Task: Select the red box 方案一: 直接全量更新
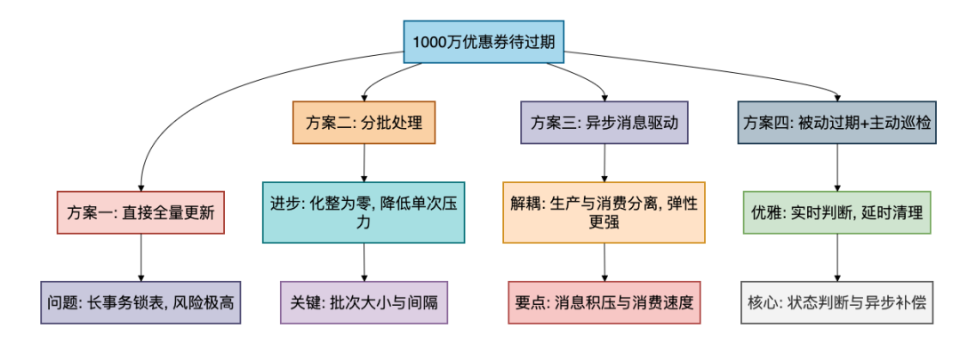click(x=140, y=212)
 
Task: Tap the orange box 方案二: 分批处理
click(x=364, y=123)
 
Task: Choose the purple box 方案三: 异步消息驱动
click(x=604, y=123)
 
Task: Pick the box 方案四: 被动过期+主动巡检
click(x=837, y=123)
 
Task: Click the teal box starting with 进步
click(x=364, y=212)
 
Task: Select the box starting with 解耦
click(x=604, y=212)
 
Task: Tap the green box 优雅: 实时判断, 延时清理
click(x=837, y=212)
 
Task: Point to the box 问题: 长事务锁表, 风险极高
click(x=140, y=302)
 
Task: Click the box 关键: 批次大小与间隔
click(x=364, y=302)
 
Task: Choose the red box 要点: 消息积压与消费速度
click(x=604, y=302)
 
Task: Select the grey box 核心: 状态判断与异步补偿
click(x=837, y=302)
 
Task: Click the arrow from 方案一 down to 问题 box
click(x=140, y=258)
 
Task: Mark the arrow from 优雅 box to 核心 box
click(x=837, y=258)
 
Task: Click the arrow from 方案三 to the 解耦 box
click(x=604, y=163)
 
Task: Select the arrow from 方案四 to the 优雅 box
click(x=837, y=167)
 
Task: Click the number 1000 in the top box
click(x=430, y=41)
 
